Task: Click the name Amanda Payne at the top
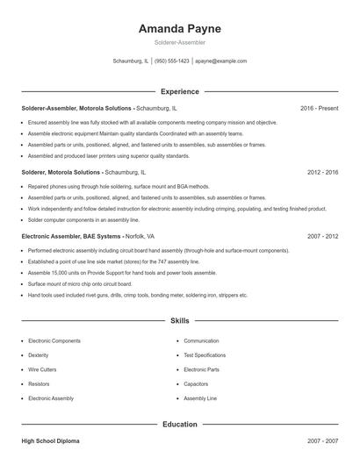pos(180,28)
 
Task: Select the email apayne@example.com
pos(220,61)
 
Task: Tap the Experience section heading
pos(180,91)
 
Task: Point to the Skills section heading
pos(180,322)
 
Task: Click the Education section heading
pos(180,425)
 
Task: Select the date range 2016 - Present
pos(319,108)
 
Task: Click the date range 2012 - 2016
pos(322,172)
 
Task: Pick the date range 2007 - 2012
pos(322,236)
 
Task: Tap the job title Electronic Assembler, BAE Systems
pos(71,236)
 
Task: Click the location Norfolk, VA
pos(140,236)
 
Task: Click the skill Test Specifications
pos(205,355)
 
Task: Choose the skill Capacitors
pos(196,383)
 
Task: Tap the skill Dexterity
pos(39,355)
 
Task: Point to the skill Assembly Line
pos(200,398)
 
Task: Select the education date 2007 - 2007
pos(322,441)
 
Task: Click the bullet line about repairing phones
pos(119,186)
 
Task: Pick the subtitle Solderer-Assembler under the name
pos(180,42)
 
